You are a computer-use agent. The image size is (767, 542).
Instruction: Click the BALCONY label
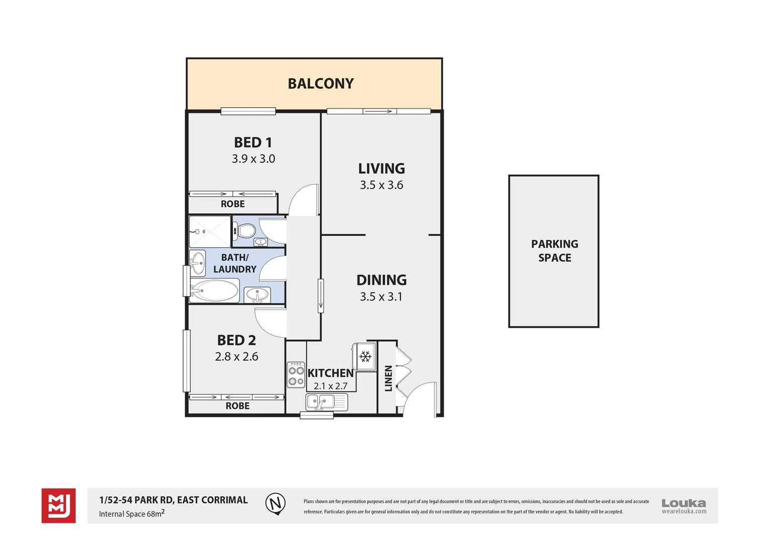click(321, 83)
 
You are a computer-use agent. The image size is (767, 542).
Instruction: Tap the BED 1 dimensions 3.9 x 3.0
click(253, 159)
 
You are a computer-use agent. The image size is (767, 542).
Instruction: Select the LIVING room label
click(381, 169)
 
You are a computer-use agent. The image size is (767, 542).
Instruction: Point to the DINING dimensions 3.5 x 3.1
click(381, 297)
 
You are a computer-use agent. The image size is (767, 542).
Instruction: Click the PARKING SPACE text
click(555, 251)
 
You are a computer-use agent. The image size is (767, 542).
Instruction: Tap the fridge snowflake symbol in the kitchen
click(365, 357)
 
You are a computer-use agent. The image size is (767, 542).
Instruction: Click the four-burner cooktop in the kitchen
click(296, 375)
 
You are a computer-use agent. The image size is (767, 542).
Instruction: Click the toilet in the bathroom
click(246, 231)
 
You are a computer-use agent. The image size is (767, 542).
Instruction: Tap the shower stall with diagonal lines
click(210, 231)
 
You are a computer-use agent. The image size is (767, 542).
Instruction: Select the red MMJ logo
click(59, 505)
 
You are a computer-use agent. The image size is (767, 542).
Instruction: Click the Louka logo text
click(684, 503)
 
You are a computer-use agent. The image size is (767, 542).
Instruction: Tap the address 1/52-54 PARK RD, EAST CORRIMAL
click(174, 500)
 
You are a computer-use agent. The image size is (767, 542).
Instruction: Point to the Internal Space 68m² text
click(132, 513)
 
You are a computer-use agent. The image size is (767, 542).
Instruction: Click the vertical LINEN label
click(388, 378)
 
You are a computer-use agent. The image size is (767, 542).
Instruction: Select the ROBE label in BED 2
click(237, 406)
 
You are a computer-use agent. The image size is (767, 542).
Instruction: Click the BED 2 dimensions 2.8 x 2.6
click(236, 357)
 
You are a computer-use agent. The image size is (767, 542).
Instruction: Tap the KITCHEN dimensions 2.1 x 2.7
click(330, 386)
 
